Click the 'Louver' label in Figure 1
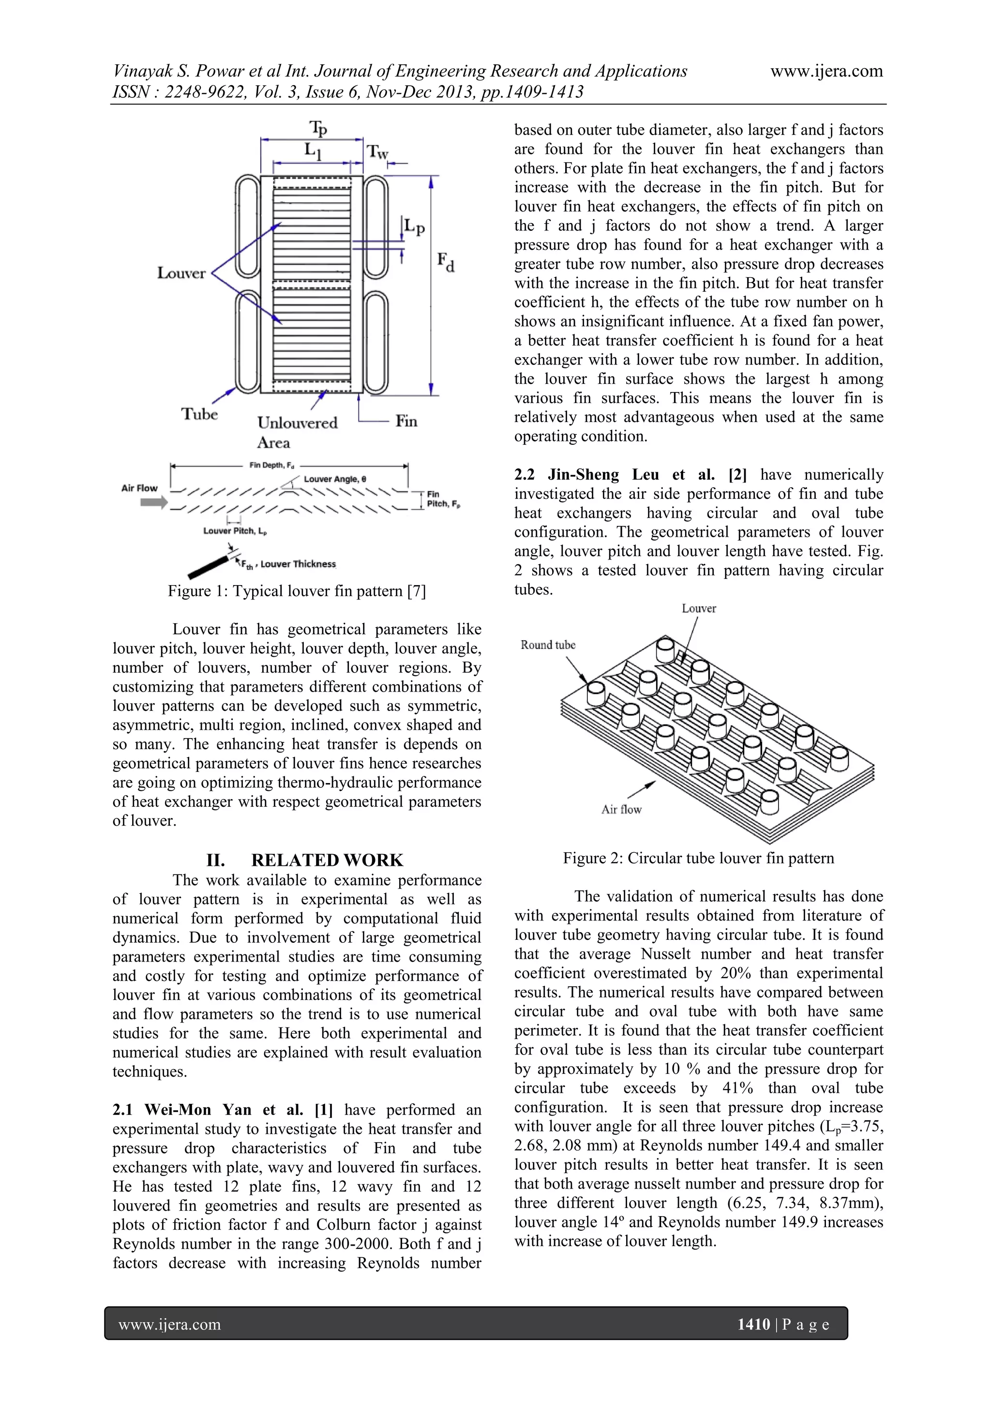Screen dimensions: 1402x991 181,273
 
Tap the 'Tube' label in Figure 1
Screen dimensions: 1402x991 200,415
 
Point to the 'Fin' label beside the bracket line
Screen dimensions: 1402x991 406,422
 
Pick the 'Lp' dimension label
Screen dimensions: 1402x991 415,228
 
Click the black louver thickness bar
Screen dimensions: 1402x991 208,568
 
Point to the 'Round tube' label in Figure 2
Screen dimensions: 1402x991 548,646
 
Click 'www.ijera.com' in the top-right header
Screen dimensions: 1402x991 826,72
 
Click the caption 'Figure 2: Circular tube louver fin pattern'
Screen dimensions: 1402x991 698,859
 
